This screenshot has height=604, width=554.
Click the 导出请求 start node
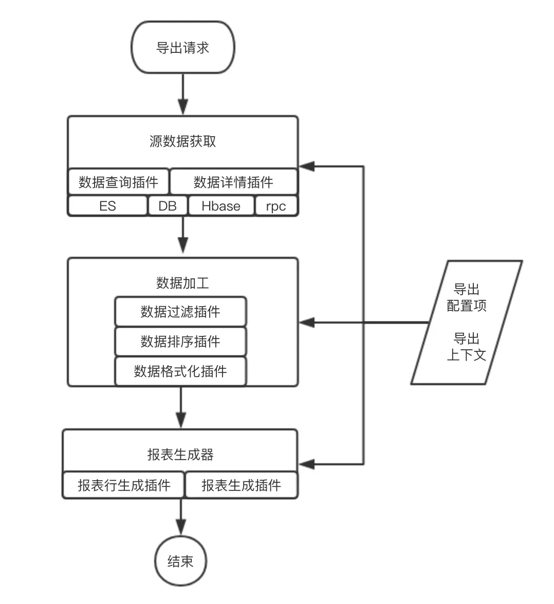[x=183, y=48]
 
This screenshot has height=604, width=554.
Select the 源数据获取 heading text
[x=182, y=141]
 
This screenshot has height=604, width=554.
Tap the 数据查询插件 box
[x=118, y=182]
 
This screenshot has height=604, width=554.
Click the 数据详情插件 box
[x=233, y=182]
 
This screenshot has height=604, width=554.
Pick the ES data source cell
[x=107, y=206]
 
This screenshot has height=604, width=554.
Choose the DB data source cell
[x=168, y=206]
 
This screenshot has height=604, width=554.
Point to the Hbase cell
[x=221, y=206]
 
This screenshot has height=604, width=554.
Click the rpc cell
[x=276, y=206]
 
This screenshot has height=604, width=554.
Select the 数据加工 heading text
[x=182, y=282]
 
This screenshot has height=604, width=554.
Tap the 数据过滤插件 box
[x=180, y=312]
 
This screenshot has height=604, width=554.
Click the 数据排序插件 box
[x=180, y=342]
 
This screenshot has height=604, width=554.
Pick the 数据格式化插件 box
[x=180, y=371]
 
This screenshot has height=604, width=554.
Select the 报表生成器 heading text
[x=180, y=455]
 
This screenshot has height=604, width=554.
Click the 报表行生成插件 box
[x=123, y=485]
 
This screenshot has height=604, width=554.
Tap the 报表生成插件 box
[x=241, y=485]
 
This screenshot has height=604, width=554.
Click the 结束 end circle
[x=180, y=561]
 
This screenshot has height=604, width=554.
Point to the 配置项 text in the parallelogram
[x=467, y=306]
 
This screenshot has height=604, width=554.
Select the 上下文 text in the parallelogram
[x=467, y=354]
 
